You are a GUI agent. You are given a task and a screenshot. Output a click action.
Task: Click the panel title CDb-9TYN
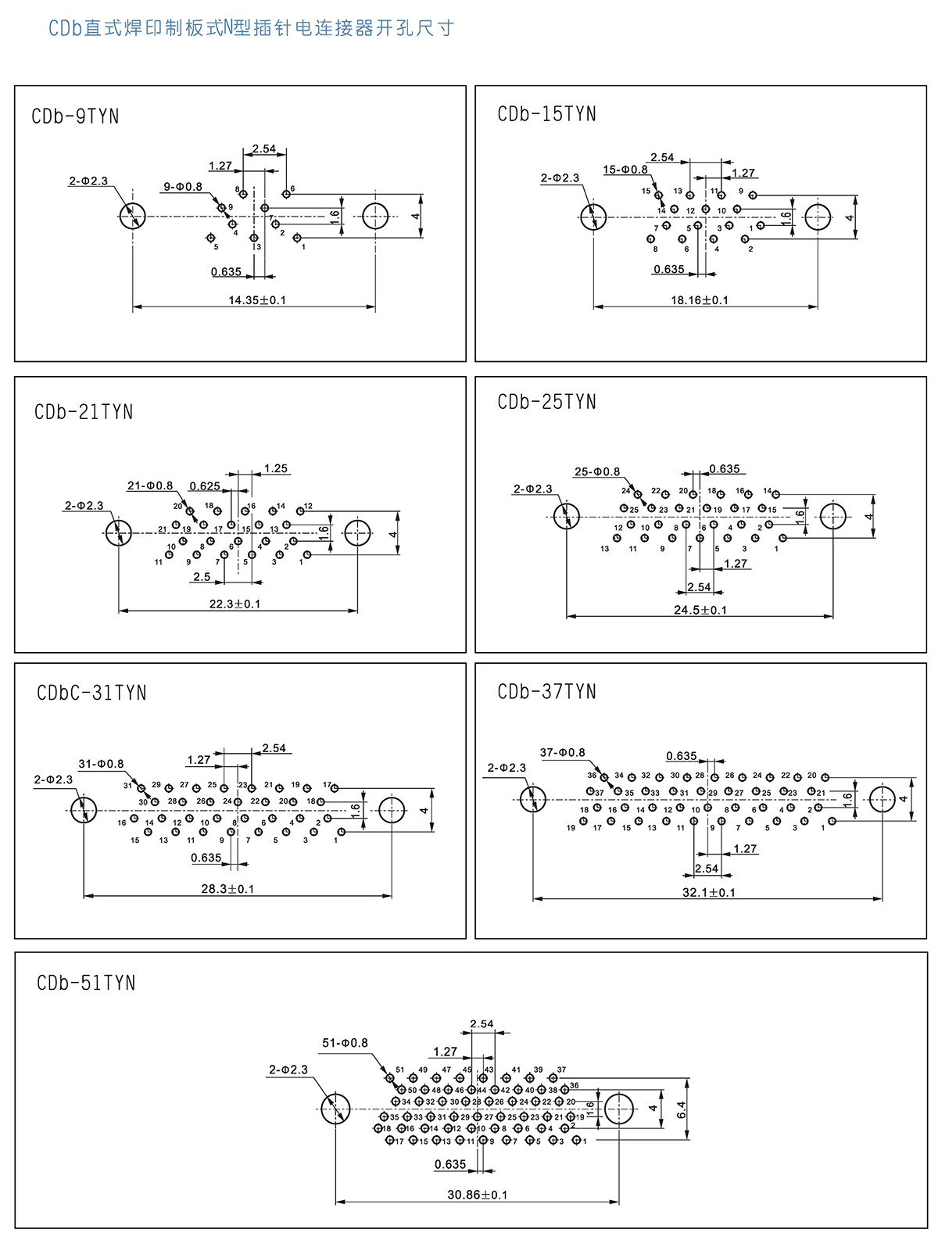[75, 116]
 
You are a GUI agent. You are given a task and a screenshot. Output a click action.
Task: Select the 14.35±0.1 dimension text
[257, 299]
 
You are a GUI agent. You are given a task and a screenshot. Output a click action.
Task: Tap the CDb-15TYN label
[546, 114]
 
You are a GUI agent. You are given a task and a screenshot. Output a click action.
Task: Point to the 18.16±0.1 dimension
[700, 299]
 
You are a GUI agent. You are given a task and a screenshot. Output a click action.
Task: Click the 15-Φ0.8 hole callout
[625, 170]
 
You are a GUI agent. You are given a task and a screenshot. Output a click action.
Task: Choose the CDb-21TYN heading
[84, 412]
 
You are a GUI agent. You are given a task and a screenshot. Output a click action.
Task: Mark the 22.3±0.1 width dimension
[235, 604]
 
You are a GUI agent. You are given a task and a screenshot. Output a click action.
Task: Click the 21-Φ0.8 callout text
[150, 486]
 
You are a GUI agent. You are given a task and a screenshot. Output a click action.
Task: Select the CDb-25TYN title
[546, 402]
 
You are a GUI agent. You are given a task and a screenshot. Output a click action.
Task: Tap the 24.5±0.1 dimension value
[700, 610]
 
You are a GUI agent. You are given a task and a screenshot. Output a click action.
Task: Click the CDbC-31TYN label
[91, 693]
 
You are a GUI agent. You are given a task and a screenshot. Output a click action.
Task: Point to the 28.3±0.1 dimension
[227, 889]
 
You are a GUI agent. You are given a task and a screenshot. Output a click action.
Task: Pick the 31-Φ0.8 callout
[101, 764]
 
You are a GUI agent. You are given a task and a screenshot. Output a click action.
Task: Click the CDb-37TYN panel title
[546, 692]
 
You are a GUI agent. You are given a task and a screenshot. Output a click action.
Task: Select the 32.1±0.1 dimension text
[709, 892]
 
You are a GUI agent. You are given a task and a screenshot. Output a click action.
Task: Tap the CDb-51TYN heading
[86, 983]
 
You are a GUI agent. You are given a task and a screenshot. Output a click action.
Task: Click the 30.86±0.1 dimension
[477, 1195]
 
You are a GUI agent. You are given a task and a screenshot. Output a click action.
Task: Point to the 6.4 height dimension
[681, 1109]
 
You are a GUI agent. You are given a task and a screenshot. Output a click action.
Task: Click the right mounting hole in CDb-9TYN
[375, 217]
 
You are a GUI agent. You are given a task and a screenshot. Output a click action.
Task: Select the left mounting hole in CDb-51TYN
[335, 1109]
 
